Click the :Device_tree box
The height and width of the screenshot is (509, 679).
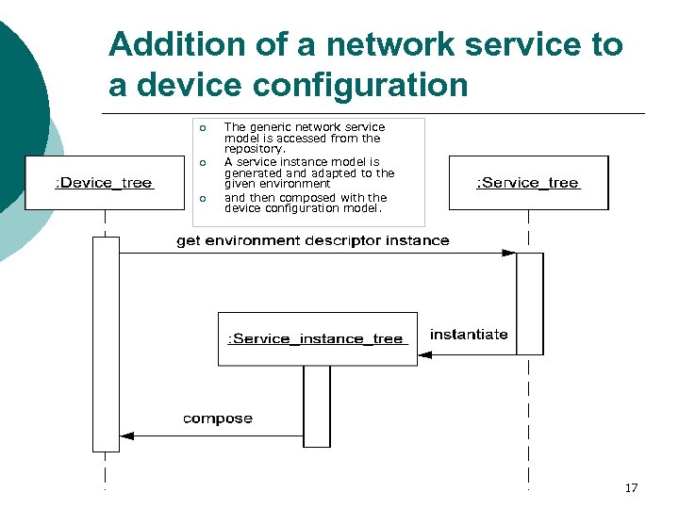(105, 183)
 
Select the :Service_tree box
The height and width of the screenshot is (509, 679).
(528, 183)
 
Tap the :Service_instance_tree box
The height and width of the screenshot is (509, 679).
(317, 338)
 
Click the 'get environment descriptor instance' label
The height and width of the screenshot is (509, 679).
(313, 240)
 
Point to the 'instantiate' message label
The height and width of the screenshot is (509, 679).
(469, 335)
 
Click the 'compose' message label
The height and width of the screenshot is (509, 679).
(218, 418)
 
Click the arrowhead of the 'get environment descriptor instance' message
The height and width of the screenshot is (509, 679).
(509, 253)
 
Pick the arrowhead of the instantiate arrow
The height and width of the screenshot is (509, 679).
(424, 354)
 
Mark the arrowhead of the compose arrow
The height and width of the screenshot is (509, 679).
(127, 436)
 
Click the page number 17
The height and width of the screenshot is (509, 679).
(631, 487)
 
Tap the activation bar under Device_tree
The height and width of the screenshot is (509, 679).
(106, 344)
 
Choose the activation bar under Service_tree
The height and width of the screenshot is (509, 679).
(530, 303)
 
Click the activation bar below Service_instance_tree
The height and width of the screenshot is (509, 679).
(317, 406)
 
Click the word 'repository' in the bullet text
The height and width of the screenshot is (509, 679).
(253, 149)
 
